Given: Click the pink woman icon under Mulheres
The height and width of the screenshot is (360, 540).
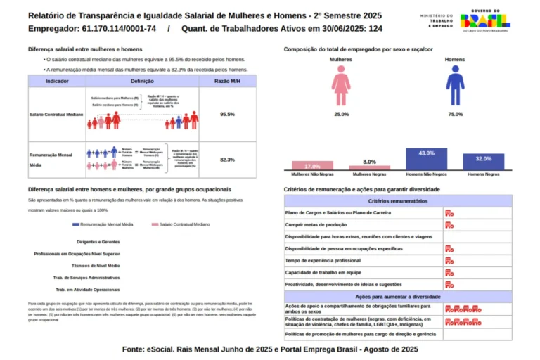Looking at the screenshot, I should coord(341,84).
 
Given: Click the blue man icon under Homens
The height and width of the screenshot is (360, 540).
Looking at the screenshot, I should coord(456,84).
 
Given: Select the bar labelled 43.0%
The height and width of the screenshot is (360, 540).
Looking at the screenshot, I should coord(426,160).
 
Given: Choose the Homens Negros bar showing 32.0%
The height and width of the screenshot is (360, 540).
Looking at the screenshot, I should coord(483,162).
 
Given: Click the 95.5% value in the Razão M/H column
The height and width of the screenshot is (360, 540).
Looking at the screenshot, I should coord(227,114).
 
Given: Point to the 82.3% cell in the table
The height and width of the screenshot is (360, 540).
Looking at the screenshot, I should coord(227,160).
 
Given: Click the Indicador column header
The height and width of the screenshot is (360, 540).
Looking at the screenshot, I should coord(57,82).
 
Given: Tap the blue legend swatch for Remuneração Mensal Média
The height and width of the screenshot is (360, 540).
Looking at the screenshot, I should coord(77,224).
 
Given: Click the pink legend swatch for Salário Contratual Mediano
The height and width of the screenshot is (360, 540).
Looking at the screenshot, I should coord(155,224).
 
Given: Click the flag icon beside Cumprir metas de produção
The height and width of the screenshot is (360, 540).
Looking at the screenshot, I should coord(449,224).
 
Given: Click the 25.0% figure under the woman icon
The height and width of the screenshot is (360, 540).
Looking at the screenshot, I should coord(341,114).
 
